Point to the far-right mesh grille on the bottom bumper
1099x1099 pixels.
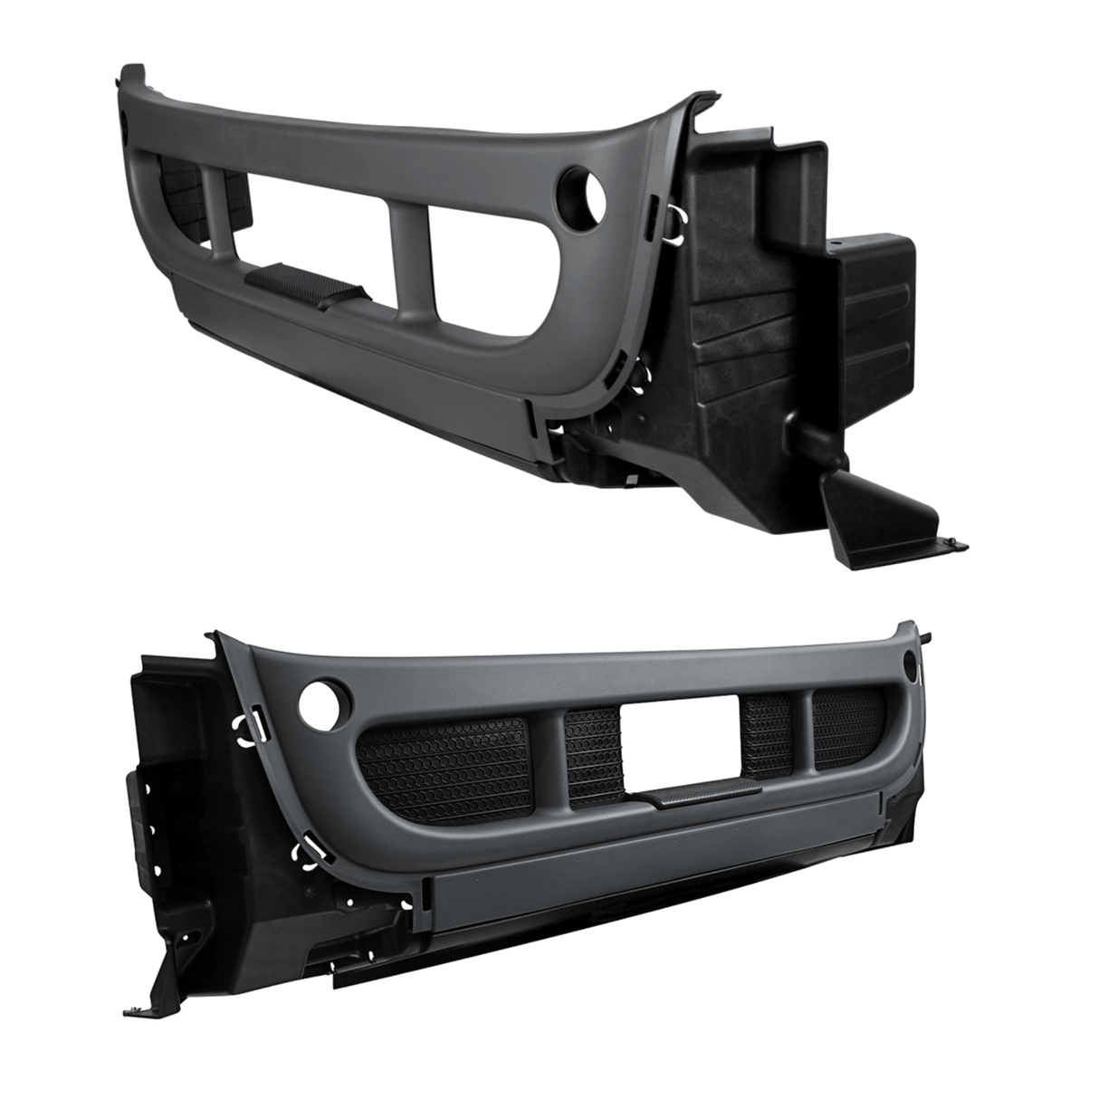click(x=846, y=728)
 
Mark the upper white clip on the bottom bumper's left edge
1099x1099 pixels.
click(x=246, y=730)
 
